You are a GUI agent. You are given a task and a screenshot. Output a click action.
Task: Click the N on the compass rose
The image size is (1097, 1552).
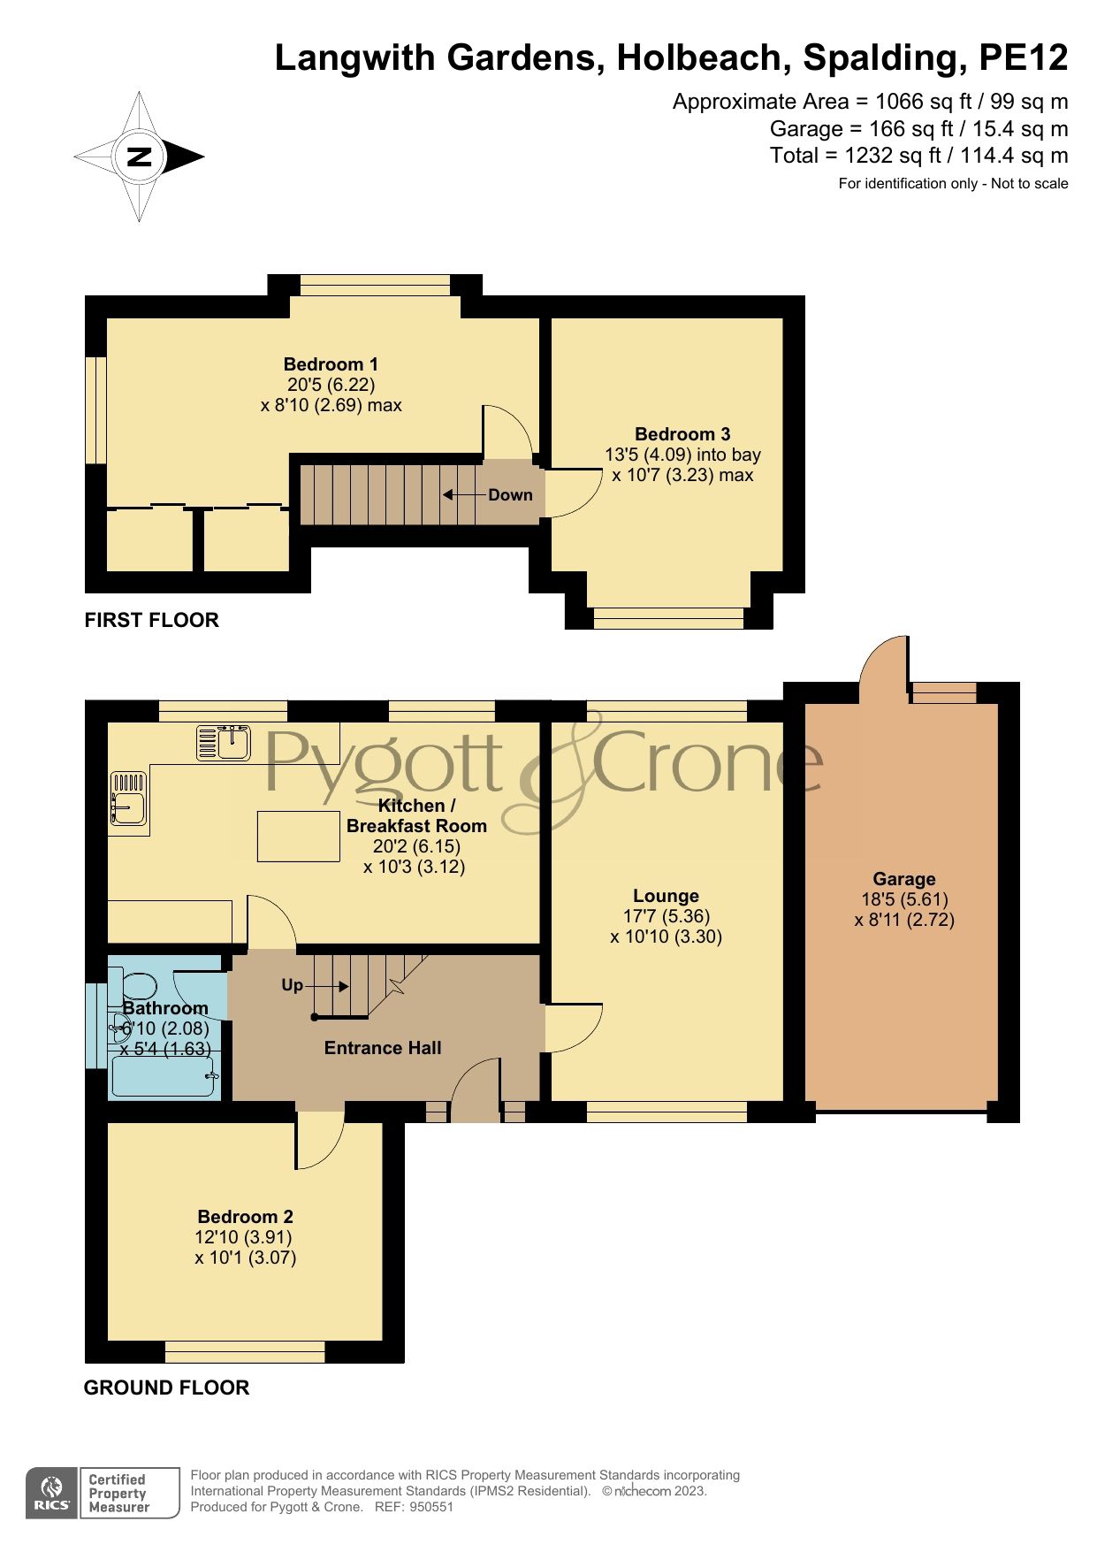click(x=140, y=157)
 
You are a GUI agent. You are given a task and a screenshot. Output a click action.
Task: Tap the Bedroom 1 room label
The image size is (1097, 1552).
click(x=331, y=364)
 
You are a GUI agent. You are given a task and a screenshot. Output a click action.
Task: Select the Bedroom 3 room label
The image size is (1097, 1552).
click(x=682, y=434)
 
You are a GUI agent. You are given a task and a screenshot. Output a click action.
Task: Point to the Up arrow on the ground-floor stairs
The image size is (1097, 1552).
click(x=331, y=986)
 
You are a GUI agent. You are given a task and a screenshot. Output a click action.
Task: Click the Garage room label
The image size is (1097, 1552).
click(x=903, y=879)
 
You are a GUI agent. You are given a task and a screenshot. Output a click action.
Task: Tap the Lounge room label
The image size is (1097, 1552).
click(x=666, y=896)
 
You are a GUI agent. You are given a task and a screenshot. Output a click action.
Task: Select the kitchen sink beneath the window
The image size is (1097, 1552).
click(x=223, y=743)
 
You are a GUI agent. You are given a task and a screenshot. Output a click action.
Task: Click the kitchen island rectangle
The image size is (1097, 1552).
click(x=299, y=836)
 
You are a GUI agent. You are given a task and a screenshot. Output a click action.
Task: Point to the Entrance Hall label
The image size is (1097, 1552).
click(x=382, y=1048)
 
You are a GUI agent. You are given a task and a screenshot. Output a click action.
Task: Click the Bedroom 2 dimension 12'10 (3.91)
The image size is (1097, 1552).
click(x=243, y=1237)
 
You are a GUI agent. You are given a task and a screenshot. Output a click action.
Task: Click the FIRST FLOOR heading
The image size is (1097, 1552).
click(x=151, y=620)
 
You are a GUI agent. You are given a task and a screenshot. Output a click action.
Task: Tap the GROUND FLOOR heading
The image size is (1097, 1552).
click(x=166, y=1388)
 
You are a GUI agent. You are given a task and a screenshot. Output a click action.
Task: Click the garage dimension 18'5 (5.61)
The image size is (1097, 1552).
click(x=904, y=899)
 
